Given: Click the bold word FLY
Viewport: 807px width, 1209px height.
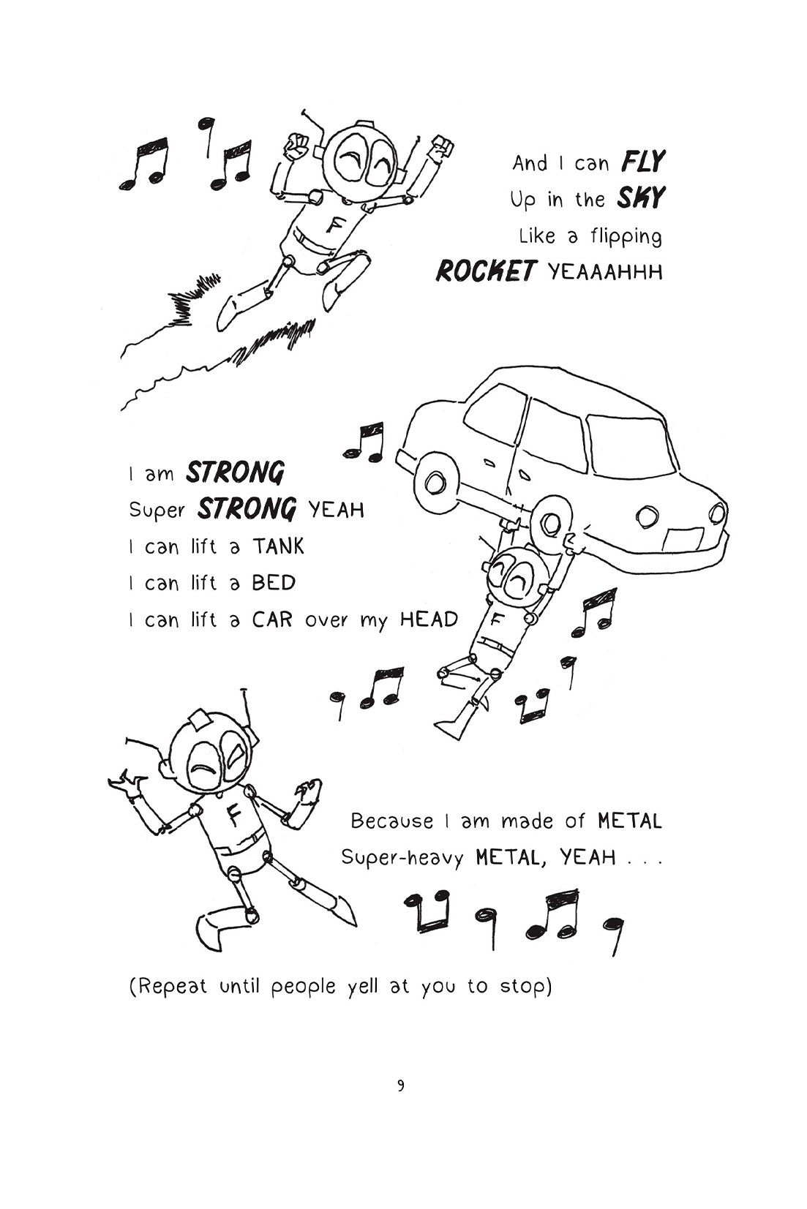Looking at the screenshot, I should [643, 161].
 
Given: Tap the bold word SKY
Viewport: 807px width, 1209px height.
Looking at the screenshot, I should [641, 197].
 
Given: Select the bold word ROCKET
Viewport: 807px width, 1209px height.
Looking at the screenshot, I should [486, 271].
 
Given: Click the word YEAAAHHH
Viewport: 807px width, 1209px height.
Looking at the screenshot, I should [605, 272].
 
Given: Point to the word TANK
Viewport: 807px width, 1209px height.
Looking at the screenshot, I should [278, 546].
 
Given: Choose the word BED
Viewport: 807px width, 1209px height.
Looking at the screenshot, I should [274, 583].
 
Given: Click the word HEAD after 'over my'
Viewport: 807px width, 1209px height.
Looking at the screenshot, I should [429, 619].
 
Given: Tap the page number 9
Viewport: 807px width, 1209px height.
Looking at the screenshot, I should [401, 1085].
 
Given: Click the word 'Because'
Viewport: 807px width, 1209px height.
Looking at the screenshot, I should [391, 821].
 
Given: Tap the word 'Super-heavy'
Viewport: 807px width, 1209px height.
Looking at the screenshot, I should [402, 857].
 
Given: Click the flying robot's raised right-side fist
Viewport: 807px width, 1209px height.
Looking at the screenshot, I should [441, 148].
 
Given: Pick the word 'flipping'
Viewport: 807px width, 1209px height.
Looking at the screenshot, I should [626, 236].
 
